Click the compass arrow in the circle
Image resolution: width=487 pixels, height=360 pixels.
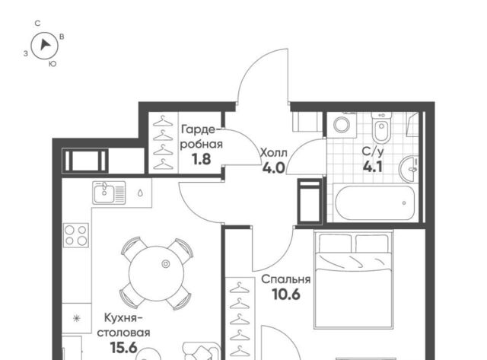pyautogui.click(x=46, y=45)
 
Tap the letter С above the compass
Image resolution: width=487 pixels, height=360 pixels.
pyautogui.click(x=37, y=24)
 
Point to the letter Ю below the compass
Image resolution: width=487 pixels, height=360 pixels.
pyautogui.click(x=53, y=64)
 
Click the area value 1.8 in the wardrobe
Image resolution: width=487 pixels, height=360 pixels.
pyautogui.click(x=201, y=159)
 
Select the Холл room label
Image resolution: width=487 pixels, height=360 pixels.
pyautogui.click(x=274, y=153)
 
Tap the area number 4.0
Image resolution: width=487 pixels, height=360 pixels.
pyautogui.click(x=274, y=168)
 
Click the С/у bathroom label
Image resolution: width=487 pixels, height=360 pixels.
pyautogui.click(x=373, y=151)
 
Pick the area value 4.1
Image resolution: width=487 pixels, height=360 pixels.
pyautogui.click(x=372, y=167)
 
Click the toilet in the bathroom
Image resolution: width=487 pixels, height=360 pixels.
pyautogui.click(x=381, y=127)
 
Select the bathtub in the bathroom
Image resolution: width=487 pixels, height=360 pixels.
pyautogui.click(x=375, y=202)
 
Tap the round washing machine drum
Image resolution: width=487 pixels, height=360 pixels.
pyautogui.click(x=342, y=125)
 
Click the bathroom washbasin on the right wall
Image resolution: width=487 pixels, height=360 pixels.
pyautogui.click(x=409, y=169)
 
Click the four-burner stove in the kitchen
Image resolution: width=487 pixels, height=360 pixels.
pyautogui.click(x=76, y=235)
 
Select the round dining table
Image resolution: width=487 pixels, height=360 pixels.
pyautogui.click(x=156, y=273)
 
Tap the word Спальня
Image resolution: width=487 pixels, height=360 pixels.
pyautogui.click(x=286, y=279)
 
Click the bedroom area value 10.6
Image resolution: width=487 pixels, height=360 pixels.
pyautogui.click(x=286, y=294)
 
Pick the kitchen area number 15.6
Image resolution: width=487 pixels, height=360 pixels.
pyautogui.click(x=123, y=348)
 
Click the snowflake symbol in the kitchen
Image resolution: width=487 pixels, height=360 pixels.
pyautogui.click(x=76, y=318)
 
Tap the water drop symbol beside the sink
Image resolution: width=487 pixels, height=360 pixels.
pyautogui.click(x=140, y=193)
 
